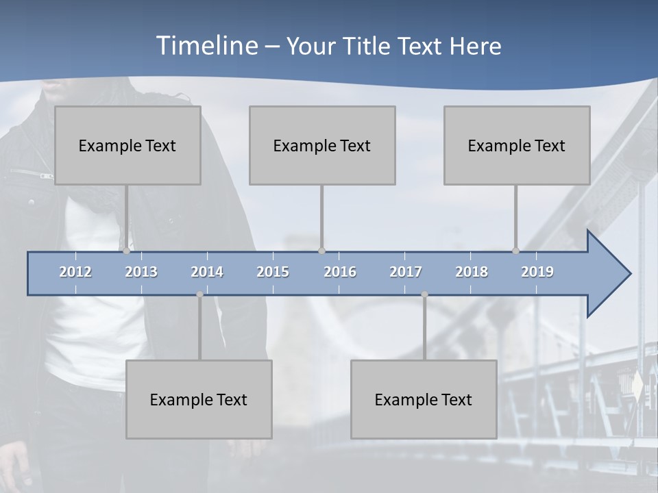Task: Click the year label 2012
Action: pos(75,272)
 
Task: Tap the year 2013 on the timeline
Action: pos(141,272)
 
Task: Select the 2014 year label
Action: pos(207,272)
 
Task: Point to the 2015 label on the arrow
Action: pos(273,272)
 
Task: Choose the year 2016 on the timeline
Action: pos(340,272)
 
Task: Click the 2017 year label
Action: pos(406,272)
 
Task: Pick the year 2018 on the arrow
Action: pos(472,272)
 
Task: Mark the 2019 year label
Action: pos(537,272)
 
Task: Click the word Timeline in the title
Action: pos(206,46)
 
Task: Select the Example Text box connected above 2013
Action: pos(127,145)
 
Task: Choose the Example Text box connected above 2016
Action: pos(322,145)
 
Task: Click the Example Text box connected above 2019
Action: pos(517,145)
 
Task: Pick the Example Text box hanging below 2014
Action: pos(199,399)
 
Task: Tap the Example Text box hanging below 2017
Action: pos(424,399)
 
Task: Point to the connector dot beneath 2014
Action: pos(199,294)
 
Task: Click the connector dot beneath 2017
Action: pos(424,294)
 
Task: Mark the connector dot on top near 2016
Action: pos(321,251)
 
